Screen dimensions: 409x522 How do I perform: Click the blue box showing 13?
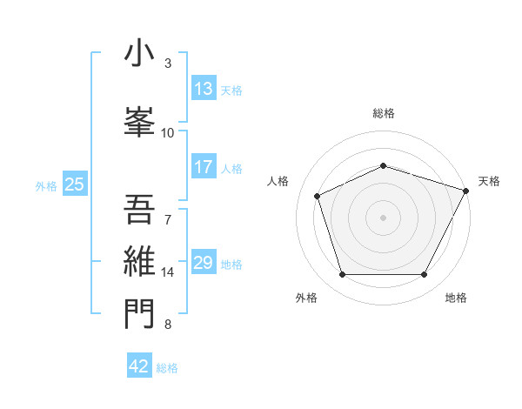click(x=204, y=89)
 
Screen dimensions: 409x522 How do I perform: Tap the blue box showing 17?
click(x=204, y=167)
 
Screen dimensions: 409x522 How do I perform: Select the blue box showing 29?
click(x=204, y=263)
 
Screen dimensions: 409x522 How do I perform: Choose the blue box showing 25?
click(x=74, y=184)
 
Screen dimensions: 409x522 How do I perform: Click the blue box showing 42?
click(x=139, y=366)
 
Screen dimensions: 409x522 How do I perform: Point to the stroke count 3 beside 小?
click(x=167, y=64)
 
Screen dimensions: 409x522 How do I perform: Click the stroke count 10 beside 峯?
click(x=168, y=133)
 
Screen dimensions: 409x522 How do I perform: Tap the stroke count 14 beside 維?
click(x=168, y=272)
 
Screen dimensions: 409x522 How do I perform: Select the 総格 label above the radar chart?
click(x=384, y=113)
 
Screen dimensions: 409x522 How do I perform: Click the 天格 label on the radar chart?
click(x=489, y=181)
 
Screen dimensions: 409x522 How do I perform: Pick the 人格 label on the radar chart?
click(x=278, y=181)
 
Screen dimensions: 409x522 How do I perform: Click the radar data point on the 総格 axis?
click(x=384, y=165)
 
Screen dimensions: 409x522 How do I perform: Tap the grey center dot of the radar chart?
click(x=384, y=218)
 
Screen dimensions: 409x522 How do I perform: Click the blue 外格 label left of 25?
click(x=45, y=185)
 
